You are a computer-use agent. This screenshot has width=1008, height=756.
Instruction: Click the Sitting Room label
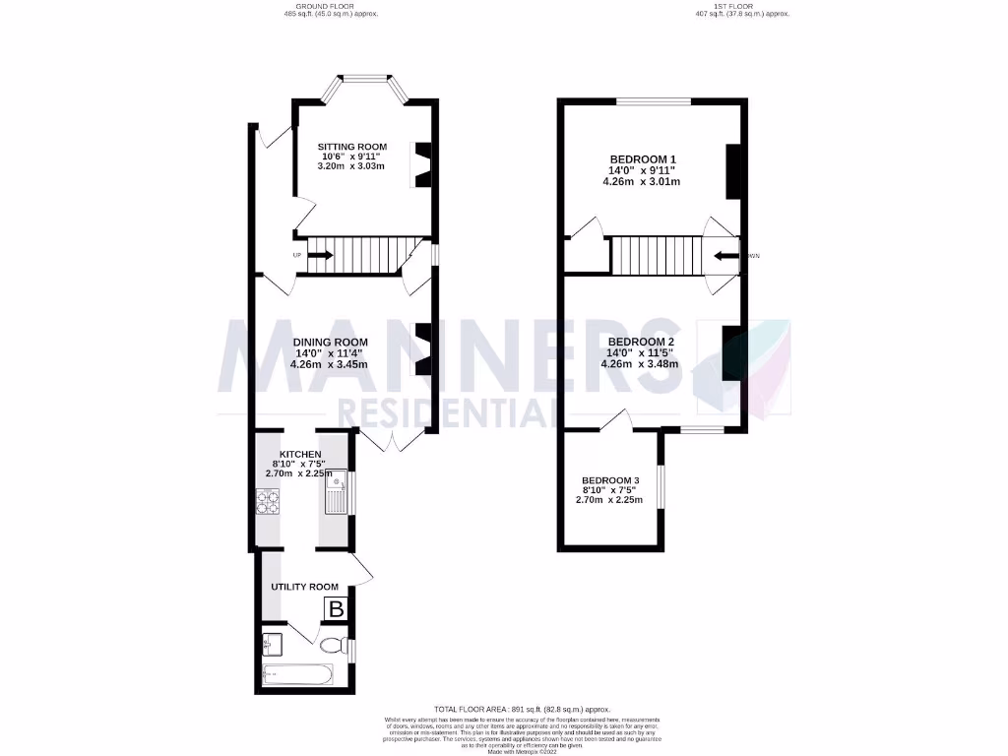pyautogui.click(x=350, y=147)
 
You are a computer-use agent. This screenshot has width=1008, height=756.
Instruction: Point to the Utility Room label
pyautogui.click(x=304, y=587)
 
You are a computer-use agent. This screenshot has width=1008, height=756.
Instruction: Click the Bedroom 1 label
pyautogui.click(x=644, y=159)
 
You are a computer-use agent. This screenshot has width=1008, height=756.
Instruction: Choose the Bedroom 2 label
pyautogui.click(x=644, y=342)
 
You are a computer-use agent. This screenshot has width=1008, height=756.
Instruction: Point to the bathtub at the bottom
pyautogui.click(x=298, y=675)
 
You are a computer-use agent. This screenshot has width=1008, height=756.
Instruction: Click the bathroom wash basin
pyautogui.click(x=273, y=645)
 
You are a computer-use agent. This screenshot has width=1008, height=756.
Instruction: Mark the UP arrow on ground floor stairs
pyautogui.click(x=320, y=256)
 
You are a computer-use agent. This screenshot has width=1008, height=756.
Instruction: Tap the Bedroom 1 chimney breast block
pyautogui.click(x=732, y=172)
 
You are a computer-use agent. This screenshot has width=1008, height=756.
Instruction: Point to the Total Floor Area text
pyautogui.click(x=522, y=709)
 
